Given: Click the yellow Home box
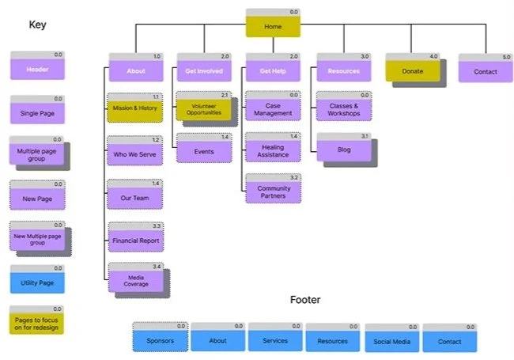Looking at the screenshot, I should tap(273, 26).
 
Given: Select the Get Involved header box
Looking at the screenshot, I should tap(203, 70).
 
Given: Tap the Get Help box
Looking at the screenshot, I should tap(273, 70).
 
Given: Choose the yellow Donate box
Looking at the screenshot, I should tap(412, 70).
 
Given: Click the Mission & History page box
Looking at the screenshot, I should tap(136, 108).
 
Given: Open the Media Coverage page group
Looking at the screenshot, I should tap(135, 280).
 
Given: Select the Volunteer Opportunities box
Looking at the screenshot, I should tap(203, 109).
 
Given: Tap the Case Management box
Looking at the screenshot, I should tap(273, 109).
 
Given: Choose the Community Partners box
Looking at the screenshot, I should tap(273, 193).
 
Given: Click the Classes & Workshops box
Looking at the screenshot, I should tap(344, 109).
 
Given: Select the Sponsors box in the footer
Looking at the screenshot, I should tap(160, 341).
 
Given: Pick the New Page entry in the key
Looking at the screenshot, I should tap(36, 194).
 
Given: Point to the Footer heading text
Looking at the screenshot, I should tap(306, 301).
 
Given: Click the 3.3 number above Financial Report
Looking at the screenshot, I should tap(157, 225).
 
